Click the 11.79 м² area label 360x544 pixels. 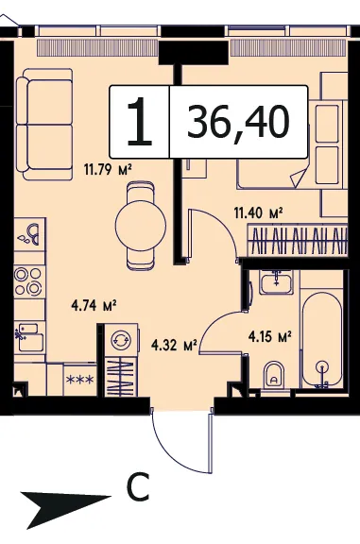pos(108,170)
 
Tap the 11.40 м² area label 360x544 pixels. pos(258,212)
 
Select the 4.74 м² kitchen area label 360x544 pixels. pos(94,306)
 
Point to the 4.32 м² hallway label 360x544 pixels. pos(174,346)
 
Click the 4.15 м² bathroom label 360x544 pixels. pos(269,336)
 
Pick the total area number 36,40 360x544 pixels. pos(238,122)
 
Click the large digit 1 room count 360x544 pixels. pos(140,122)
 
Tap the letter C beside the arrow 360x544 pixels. pos(138,486)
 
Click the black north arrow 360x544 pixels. pos(66,505)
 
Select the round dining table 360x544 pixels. pos(141,226)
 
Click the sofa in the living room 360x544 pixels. pos(44,125)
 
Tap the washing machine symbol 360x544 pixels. pos(121,340)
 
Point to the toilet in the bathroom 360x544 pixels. pos(274,376)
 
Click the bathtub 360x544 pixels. pos(323,340)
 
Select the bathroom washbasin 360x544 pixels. pos(276,282)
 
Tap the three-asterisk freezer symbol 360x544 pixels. pos(79,380)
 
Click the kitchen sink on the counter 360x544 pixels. pos(30,336)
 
